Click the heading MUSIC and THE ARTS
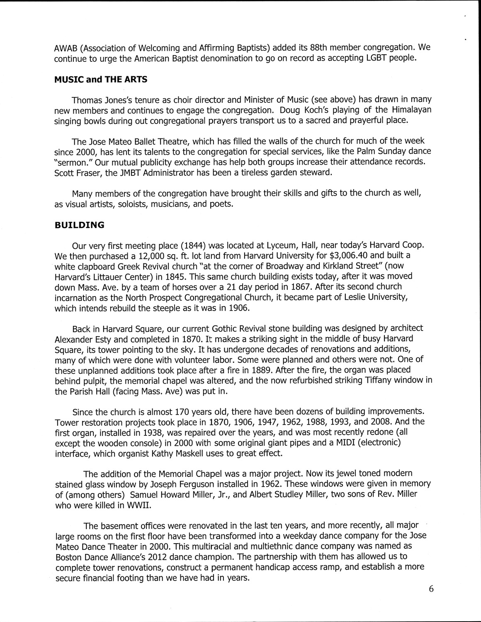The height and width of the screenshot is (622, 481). [101, 79]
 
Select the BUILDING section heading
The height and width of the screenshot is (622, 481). [80, 225]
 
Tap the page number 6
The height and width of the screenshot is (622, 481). [431, 590]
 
